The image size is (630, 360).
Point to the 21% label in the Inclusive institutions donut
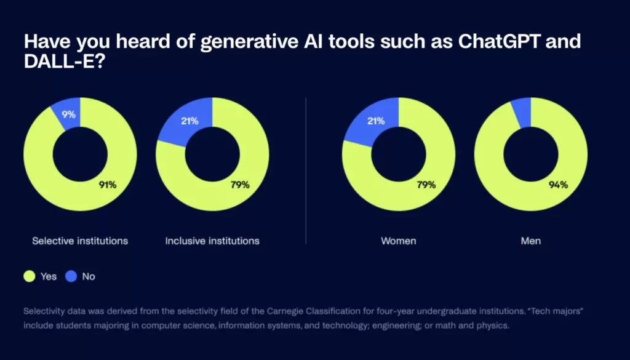click(189, 121)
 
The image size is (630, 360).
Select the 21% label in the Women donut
click(376, 121)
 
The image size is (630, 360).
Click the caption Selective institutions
click(80, 241)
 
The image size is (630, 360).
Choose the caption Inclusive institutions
click(212, 241)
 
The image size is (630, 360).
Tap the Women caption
click(399, 241)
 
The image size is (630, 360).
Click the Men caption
click(531, 241)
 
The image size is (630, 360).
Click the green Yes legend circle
click(30, 276)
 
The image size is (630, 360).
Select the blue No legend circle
click(71, 276)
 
